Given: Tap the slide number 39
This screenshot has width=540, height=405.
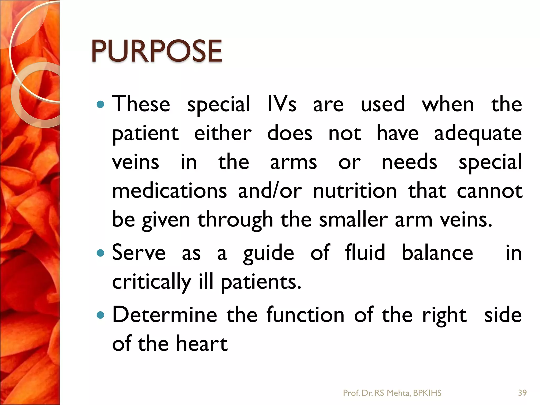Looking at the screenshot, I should tap(522, 393).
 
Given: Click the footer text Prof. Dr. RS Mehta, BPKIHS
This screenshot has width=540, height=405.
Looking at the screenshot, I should tap(392, 393).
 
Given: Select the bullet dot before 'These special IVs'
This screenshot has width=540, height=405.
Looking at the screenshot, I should tap(100, 105).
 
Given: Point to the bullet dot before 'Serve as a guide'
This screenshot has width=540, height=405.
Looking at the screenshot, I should tap(100, 253).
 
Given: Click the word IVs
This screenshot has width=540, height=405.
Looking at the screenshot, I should tap(282, 104).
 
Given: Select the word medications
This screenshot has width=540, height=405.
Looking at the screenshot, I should tap(170, 191).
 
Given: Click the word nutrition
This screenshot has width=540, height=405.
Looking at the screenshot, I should tap(355, 191).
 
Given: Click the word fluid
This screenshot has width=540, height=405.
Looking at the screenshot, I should tap(365, 252).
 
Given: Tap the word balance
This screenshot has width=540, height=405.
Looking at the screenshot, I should tap(437, 252).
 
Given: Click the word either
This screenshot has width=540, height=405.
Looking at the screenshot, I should tap(223, 133).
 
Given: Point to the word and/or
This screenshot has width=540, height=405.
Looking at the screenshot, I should tap(270, 191).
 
